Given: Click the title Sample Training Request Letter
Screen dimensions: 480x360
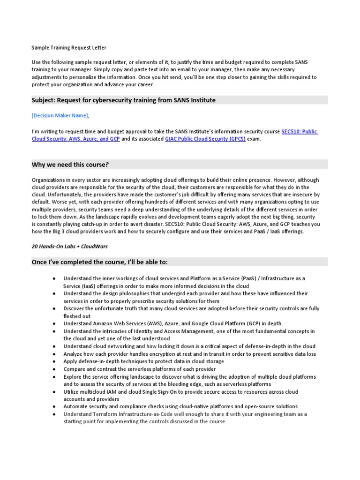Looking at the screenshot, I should click(69, 47).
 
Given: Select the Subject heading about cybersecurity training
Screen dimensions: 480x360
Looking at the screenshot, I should click(124, 100).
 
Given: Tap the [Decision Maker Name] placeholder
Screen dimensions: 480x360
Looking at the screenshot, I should click(60, 115).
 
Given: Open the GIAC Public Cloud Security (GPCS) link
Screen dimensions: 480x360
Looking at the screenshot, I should click(205, 139).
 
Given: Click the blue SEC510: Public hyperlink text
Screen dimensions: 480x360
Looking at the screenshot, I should click(300, 132).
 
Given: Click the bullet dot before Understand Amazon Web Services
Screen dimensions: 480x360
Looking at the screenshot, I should click(55, 323).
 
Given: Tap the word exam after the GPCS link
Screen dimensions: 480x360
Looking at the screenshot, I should click(255, 139).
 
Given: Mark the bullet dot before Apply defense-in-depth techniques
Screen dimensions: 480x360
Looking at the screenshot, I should click(55, 361).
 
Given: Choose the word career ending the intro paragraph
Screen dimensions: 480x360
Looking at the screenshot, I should click(143, 85).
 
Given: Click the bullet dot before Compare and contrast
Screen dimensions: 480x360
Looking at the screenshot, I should click(55, 369).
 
